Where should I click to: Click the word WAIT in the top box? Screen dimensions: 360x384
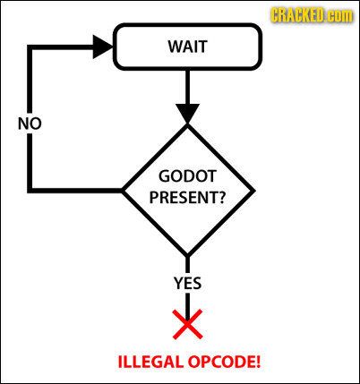(187, 47)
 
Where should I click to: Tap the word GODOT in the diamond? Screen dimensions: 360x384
(187, 175)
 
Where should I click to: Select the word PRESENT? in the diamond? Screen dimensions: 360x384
(187, 197)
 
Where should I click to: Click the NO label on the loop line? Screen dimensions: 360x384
(30, 124)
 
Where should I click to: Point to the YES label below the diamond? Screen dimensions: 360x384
(187, 283)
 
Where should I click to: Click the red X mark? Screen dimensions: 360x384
(187, 324)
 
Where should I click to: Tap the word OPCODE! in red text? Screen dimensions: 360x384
(224, 362)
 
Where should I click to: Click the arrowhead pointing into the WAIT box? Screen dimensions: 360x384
(103, 47)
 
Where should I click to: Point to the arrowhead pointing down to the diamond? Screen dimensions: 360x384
(187, 114)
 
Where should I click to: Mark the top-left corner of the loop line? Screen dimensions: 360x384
(30, 47)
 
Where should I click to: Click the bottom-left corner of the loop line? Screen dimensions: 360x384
(30, 191)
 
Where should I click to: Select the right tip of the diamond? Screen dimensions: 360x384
(254, 191)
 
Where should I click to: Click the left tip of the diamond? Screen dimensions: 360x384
(121, 191)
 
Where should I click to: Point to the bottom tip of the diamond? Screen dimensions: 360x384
(187, 256)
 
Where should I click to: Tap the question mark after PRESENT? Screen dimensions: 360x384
(222, 197)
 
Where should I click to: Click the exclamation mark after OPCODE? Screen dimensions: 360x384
(258, 362)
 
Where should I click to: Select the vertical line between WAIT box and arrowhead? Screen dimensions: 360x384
(187, 87)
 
